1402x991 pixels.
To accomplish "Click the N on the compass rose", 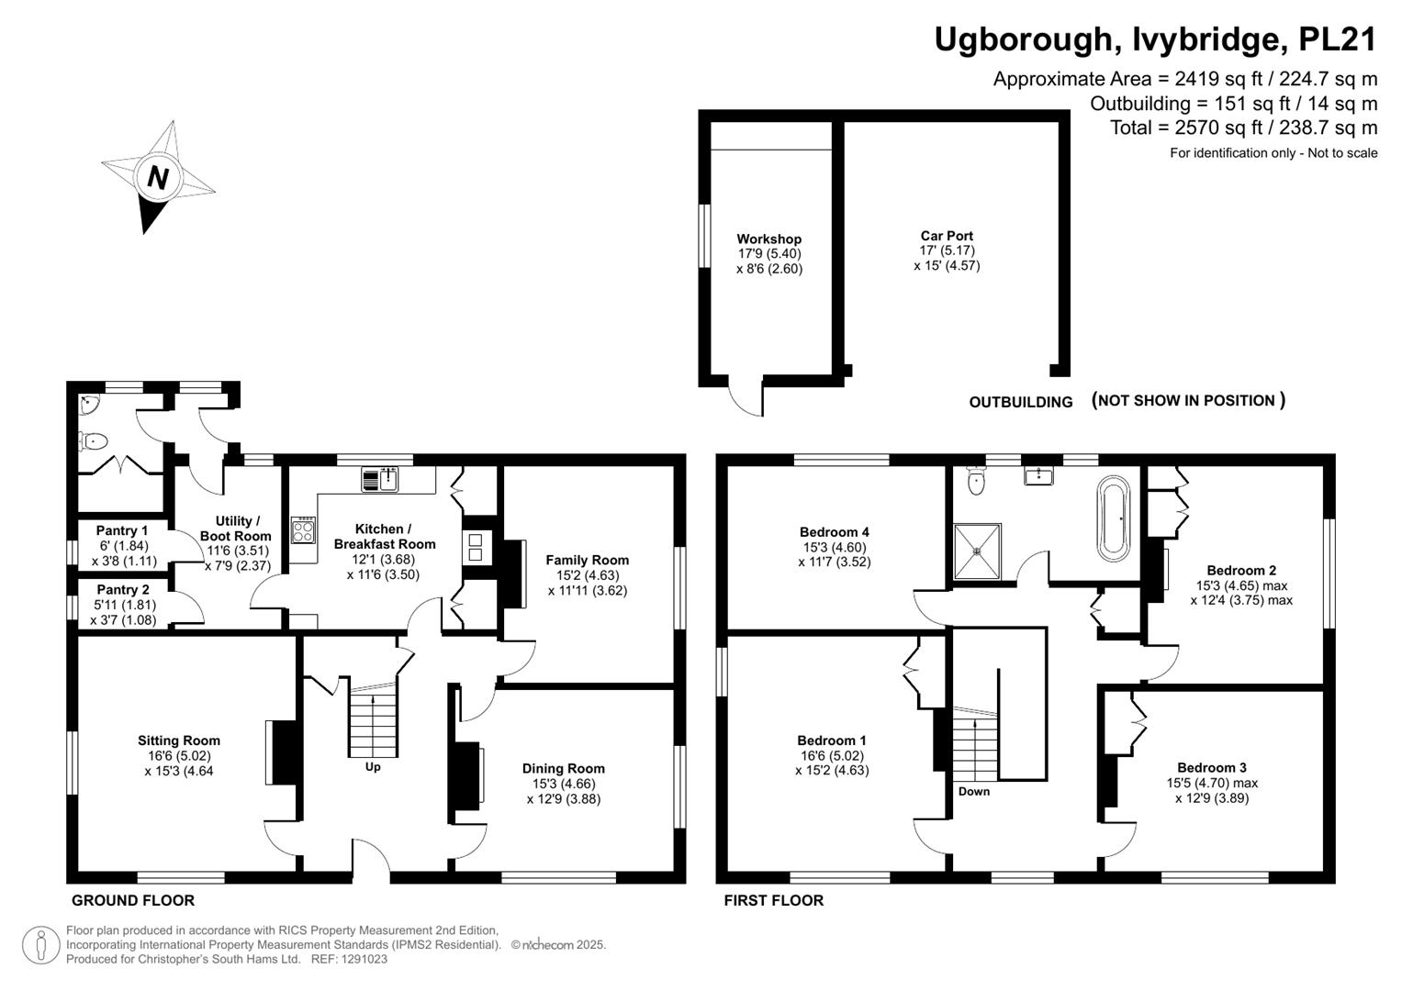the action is [x=157, y=178].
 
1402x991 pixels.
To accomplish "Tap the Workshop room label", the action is [x=768, y=239].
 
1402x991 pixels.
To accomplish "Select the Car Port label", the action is [x=947, y=236].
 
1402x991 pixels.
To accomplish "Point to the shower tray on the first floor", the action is [x=977, y=551].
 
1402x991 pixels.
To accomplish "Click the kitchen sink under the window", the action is [x=379, y=479].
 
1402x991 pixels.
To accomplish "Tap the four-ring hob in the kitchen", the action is [x=304, y=530].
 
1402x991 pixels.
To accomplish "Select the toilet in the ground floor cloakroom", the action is [x=92, y=442].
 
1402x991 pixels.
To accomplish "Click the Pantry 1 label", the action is [x=122, y=531].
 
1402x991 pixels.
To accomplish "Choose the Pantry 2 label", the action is [x=123, y=590].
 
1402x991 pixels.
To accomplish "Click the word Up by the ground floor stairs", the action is [x=373, y=767].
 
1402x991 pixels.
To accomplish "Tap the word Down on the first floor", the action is [x=974, y=791].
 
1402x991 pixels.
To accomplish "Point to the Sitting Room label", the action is [x=179, y=740].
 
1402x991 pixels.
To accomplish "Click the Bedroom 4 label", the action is [x=835, y=532].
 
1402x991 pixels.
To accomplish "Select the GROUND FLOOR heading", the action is [x=133, y=900].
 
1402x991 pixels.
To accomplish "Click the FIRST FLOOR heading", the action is [x=774, y=900].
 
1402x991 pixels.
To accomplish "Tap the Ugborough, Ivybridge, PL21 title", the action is [x=1155, y=40].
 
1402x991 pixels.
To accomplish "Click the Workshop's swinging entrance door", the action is [x=746, y=396].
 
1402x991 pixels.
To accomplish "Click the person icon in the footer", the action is [x=40, y=945].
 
